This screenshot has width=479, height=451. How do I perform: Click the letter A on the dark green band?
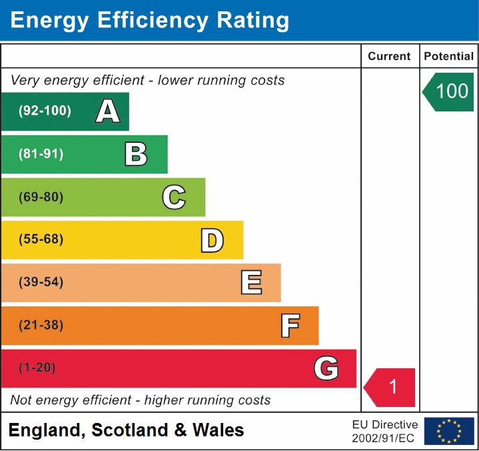[x=108, y=111]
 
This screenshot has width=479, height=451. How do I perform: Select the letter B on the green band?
[x=136, y=154]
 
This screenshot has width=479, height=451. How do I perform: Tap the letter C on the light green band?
[x=174, y=197]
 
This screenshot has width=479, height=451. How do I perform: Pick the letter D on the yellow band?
[x=212, y=240]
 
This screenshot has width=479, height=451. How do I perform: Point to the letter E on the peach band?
[x=250, y=283]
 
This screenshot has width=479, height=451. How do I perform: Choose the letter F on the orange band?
[x=289, y=326]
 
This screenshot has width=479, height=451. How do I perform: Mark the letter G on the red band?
[x=326, y=368]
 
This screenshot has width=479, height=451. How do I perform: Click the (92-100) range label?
[x=45, y=111]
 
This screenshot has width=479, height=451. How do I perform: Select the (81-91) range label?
[x=41, y=154]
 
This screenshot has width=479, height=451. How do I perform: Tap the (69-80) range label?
[x=41, y=197]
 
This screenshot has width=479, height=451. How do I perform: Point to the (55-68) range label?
[x=41, y=240]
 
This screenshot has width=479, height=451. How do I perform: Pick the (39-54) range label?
[x=41, y=282]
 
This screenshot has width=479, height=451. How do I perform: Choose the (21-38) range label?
[x=41, y=326]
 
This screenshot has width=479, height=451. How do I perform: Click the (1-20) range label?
[x=37, y=368]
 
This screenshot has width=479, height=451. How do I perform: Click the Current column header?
[x=390, y=57]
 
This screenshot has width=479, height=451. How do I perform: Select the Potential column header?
[x=449, y=57]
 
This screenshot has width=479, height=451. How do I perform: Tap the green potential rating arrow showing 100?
[x=449, y=91]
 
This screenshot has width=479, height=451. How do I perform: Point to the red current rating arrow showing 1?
[x=390, y=387]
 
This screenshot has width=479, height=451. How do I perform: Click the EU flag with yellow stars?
[x=449, y=431]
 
